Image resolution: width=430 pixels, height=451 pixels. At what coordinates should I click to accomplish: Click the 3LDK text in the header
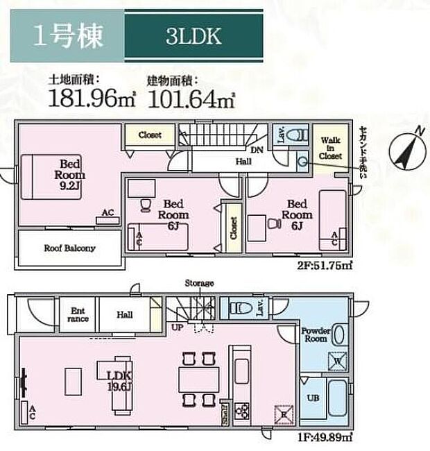tap(193, 37)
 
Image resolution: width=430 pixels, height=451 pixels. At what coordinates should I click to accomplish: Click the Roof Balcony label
tap(69, 248)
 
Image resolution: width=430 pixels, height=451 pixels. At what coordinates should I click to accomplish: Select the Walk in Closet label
tap(330, 147)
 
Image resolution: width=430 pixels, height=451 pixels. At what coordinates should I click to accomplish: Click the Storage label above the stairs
tap(199, 283)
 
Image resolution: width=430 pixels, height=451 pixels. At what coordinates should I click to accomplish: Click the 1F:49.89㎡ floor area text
tap(326, 436)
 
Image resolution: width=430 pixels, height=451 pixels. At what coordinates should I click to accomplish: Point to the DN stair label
tap(255, 149)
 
